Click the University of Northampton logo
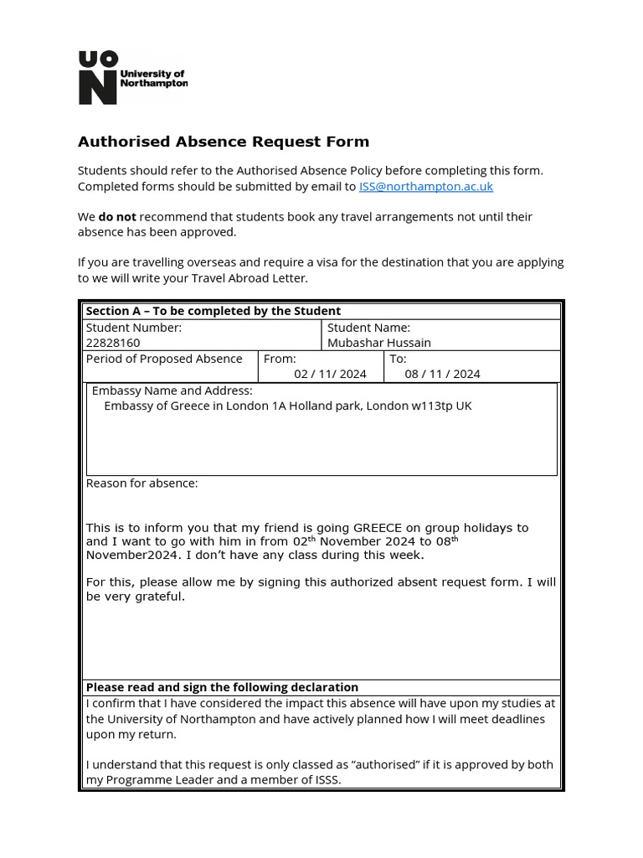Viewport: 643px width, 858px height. point(132,78)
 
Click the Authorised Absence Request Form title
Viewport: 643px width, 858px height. point(223,142)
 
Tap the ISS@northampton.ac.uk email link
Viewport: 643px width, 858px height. point(426,186)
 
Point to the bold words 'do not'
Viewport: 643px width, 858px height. point(117,216)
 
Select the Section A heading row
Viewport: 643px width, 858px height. point(213,311)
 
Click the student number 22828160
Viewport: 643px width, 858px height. point(113,343)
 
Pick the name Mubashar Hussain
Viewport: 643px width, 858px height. point(379,343)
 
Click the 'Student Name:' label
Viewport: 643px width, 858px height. point(368,328)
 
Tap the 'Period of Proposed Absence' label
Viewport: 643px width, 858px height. point(164,359)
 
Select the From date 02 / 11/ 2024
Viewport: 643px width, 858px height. point(330,374)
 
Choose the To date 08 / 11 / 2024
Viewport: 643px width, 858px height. point(442,374)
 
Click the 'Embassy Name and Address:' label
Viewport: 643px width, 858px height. point(172,390)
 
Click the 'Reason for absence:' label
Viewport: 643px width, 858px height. point(142,483)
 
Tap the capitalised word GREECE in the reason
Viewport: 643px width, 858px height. point(383,528)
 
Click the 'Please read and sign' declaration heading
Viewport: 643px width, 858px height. point(222,687)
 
